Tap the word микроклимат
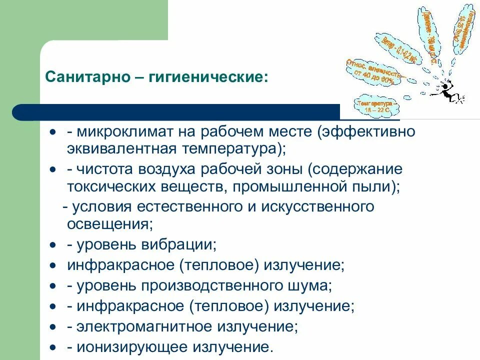[x=122, y=133]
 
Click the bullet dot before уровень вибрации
[x=53, y=245]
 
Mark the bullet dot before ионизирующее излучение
[x=53, y=347]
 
